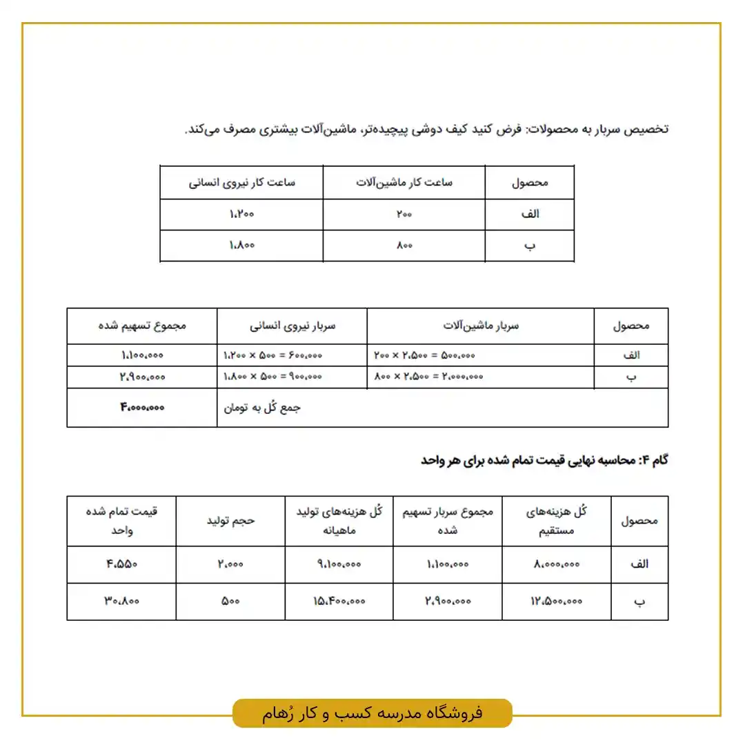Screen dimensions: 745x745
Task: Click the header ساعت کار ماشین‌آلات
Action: (x=404, y=183)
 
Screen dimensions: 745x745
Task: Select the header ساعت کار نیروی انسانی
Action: (x=241, y=183)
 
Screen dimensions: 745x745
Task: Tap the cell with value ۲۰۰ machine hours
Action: (x=404, y=214)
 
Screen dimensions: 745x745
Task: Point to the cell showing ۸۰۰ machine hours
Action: (x=404, y=245)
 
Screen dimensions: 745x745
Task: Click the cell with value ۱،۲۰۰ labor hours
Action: (x=241, y=214)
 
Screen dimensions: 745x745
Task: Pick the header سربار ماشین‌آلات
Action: (x=480, y=326)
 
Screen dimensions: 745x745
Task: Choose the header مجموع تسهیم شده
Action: (x=142, y=326)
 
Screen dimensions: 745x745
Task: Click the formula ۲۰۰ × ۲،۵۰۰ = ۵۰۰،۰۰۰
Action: (x=424, y=355)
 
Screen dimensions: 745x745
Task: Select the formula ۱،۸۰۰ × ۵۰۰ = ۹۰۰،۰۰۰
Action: (x=273, y=377)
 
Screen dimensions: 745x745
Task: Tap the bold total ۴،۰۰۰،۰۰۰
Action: (x=142, y=407)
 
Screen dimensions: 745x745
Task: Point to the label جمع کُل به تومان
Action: (x=262, y=407)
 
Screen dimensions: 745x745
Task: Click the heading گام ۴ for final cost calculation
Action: (x=544, y=460)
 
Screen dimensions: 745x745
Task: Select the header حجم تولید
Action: (x=230, y=521)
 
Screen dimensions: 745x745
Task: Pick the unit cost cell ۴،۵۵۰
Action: (x=121, y=564)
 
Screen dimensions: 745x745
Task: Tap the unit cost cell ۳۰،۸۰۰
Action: (x=121, y=601)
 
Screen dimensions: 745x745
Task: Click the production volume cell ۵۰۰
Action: (x=230, y=601)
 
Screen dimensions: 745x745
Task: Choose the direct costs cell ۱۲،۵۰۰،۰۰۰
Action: (x=557, y=601)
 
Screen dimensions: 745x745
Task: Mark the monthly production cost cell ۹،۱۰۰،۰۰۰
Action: (x=339, y=564)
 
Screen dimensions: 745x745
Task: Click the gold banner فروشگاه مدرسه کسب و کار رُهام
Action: (x=372, y=713)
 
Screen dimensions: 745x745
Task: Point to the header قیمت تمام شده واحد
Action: (x=121, y=521)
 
